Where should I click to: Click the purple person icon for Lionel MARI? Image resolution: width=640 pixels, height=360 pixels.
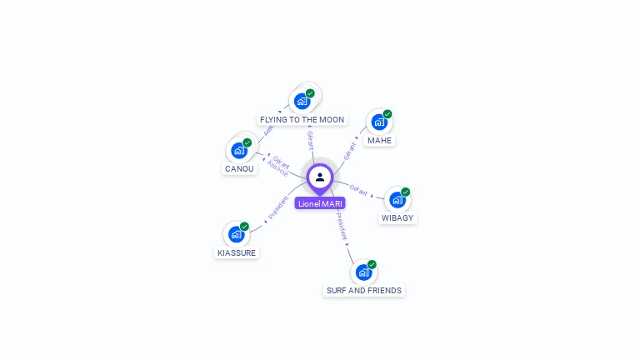[319, 177]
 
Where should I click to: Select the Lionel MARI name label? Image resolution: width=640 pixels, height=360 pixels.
[320, 203]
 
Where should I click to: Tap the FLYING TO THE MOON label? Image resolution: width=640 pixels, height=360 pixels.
[302, 120]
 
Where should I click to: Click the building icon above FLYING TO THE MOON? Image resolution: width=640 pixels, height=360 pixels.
[302, 101]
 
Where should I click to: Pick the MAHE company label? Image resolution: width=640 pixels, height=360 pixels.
[379, 141]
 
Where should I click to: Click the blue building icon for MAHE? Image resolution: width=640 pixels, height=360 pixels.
[379, 122]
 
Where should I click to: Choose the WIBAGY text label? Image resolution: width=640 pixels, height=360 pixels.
[397, 218]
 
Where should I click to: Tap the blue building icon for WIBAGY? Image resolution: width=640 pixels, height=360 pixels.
[397, 200]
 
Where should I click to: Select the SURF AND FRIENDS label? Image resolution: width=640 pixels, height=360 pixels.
[364, 291]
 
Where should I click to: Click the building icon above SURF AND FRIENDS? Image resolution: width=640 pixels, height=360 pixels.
[363, 272]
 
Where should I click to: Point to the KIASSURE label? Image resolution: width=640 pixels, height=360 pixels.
[237, 252]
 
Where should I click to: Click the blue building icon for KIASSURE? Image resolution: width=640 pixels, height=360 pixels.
[236, 234]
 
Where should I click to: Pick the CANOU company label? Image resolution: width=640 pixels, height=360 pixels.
[239, 169]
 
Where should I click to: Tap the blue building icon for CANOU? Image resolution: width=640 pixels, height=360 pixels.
[239, 151]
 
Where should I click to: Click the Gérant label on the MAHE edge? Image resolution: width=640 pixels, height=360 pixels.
[350, 150]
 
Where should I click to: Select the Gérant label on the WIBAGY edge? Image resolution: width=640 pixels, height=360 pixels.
[359, 190]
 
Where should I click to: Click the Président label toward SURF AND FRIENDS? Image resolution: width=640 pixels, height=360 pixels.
[342, 225]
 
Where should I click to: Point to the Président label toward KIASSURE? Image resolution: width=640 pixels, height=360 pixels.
[278, 207]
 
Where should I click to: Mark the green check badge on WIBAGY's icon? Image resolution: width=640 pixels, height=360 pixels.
[406, 192]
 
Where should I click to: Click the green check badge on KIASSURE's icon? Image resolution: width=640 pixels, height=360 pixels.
[244, 226]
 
